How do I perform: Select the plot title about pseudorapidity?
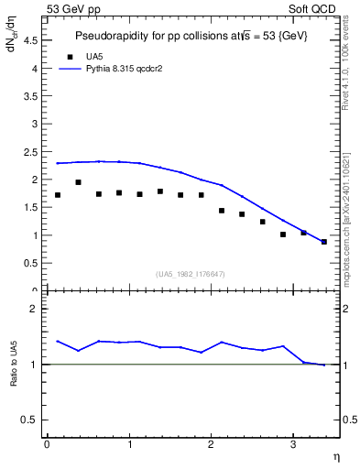click(x=191, y=36)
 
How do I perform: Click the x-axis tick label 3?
click(x=292, y=444)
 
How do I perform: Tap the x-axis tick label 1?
click(x=128, y=444)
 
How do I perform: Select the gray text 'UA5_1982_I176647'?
click(x=191, y=274)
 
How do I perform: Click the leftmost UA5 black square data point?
click(x=58, y=195)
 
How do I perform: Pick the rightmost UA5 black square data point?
click(x=324, y=242)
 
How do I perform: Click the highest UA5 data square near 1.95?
click(x=78, y=182)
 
